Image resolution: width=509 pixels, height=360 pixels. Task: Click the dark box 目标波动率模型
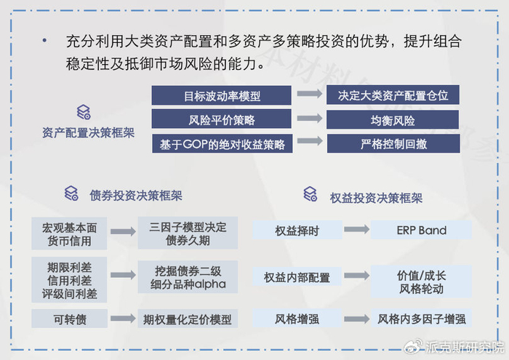(x=221, y=95)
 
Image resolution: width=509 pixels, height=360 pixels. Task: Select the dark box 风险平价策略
(x=221, y=120)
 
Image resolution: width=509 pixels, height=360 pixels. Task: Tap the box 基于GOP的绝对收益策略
(x=221, y=144)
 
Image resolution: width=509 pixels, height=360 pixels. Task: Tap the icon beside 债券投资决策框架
(x=71, y=193)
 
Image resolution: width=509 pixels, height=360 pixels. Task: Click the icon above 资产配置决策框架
(x=84, y=112)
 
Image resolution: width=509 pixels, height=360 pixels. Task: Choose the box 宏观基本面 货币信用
(x=69, y=233)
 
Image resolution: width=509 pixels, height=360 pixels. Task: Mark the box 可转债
(x=69, y=319)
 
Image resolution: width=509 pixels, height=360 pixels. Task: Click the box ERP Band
(x=421, y=231)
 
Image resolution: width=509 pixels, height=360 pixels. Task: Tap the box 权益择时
(x=297, y=231)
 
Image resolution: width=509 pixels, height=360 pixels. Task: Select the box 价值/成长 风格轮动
(x=421, y=277)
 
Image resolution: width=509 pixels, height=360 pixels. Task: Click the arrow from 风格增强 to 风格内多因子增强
(x=356, y=319)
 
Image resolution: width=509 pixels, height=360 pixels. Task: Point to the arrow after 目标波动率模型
(x=309, y=95)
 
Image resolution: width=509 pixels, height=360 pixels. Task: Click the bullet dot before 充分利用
(x=45, y=41)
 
